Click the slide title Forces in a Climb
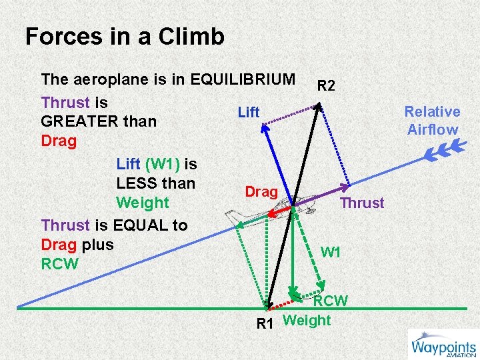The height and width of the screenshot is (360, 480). pos(125,37)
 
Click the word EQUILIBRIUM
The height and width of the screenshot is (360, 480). pos(243,79)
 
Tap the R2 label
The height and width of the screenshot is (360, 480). pos(326,85)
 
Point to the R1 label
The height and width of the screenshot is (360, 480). pos(266,325)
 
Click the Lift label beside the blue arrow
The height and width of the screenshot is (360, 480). pos(249,113)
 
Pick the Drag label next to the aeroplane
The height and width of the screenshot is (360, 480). pos(261,192)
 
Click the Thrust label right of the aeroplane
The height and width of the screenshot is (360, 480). pos(362,203)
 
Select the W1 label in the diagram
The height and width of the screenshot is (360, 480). pos(331,253)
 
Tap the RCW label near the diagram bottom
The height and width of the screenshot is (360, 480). pos(331,301)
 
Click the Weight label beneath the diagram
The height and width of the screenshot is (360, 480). pos(307,320)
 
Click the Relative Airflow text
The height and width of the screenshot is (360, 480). pos(432,121)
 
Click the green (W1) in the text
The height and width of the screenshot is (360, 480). pos(162,163)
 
